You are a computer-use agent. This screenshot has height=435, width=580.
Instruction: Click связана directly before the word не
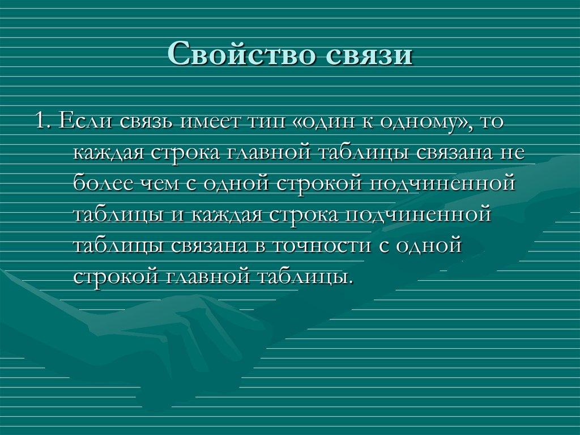click(449, 154)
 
